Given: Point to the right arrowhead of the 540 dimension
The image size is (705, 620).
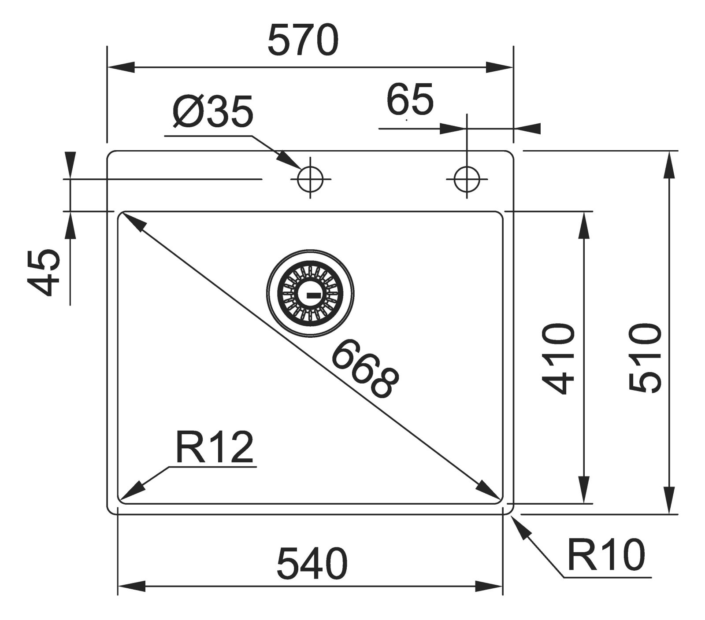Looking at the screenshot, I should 489,587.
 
